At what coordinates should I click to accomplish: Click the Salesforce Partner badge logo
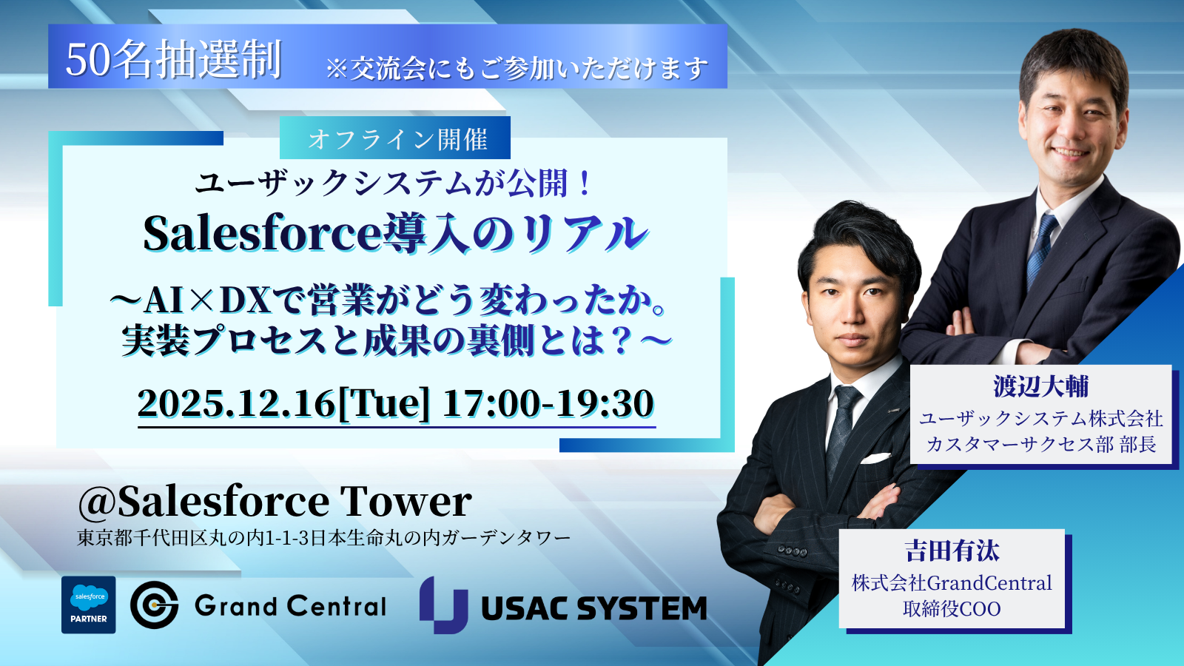pyautogui.click(x=88, y=605)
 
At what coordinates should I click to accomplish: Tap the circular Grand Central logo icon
pyautogui.click(x=155, y=605)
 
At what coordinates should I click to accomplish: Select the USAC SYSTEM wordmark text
pyautogui.click(x=594, y=608)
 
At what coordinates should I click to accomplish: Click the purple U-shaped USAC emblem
pyautogui.click(x=443, y=605)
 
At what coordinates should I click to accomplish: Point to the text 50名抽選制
pyautogui.click(x=173, y=59)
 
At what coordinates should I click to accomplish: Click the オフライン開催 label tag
pyautogui.click(x=395, y=138)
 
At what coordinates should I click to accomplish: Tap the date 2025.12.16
pyautogui.click(x=236, y=404)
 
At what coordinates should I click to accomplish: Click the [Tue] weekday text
pyautogui.click(x=383, y=404)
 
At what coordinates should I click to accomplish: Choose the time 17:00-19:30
pyautogui.click(x=548, y=404)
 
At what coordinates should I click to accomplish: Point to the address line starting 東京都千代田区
pyautogui.click(x=323, y=538)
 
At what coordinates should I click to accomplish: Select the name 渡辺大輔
pyautogui.click(x=1040, y=386)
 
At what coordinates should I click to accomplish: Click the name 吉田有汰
pyautogui.click(x=952, y=551)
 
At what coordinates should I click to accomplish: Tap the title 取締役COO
pyautogui.click(x=952, y=609)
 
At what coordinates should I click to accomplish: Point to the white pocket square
pyautogui.click(x=874, y=458)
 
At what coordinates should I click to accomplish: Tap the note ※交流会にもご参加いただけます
pyautogui.click(x=517, y=69)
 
